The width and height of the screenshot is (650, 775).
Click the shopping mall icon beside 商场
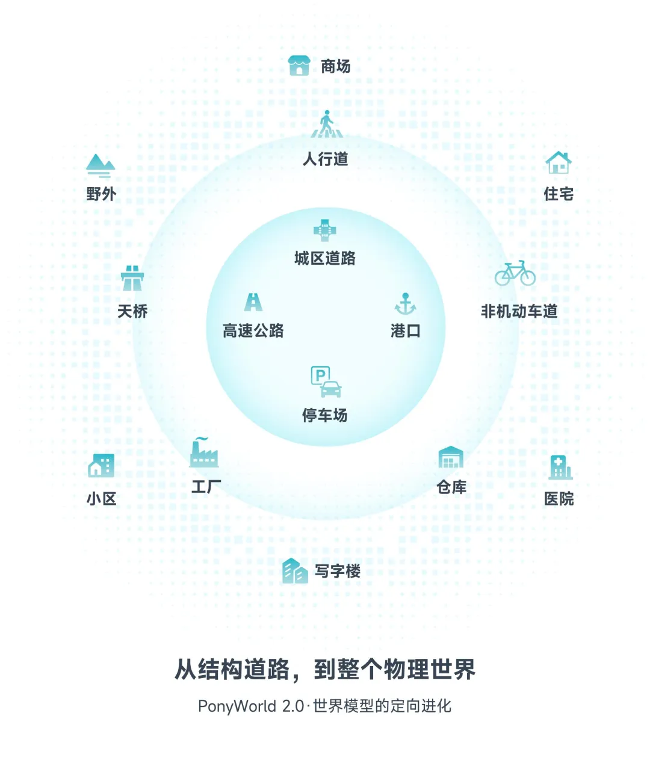point(299,66)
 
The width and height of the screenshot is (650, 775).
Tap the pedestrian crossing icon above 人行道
point(326,125)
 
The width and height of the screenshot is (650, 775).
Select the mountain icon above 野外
point(100,165)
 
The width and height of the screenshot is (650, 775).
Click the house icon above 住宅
point(558,162)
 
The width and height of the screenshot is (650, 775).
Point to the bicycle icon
point(515,274)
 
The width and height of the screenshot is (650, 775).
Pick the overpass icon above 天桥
point(132,278)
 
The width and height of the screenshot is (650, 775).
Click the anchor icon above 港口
point(405,304)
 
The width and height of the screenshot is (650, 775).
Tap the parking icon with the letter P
point(326,382)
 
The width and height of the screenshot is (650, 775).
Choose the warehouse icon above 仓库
point(451,458)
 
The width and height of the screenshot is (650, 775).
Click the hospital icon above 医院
point(559,467)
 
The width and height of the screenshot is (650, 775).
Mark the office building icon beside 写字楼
point(295,570)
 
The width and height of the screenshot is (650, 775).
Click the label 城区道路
point(325,258)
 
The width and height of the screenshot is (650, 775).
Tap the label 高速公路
point(253,330)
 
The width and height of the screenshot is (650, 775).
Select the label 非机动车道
point(519,311)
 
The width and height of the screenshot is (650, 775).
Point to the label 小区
point(101,499)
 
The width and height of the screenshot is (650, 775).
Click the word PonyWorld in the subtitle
point(237,706)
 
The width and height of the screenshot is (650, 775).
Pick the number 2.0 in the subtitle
point(292,706)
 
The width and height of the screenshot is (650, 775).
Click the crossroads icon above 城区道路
point(325,230)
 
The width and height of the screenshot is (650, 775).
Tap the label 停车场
point(325,415)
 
